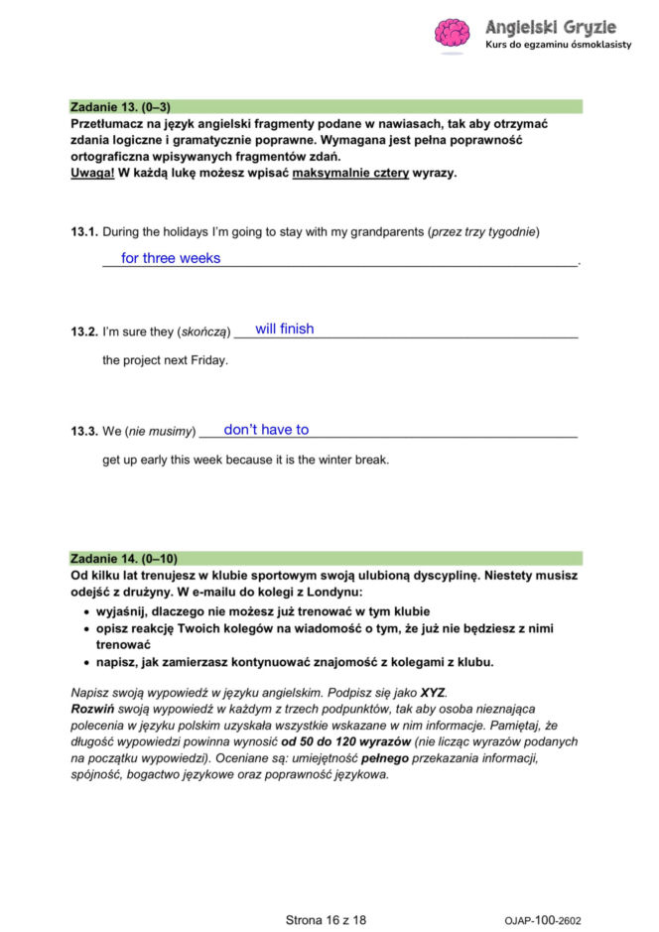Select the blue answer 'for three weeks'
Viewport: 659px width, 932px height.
(171, 258)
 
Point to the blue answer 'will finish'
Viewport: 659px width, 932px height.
(284, 329)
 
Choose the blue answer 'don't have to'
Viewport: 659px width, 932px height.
(266, 430)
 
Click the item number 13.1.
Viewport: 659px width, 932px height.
(84, 232)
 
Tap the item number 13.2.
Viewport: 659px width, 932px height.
(84, 332)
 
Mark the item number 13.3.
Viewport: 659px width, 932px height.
(84, 432)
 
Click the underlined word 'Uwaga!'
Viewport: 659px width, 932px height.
(92, 173)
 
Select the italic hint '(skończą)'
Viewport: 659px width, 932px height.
(205, 332)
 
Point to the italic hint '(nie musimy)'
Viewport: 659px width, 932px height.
(160, 432)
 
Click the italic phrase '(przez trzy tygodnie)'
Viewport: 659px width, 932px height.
(483, 232)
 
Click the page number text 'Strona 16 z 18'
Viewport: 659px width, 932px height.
(326, 920)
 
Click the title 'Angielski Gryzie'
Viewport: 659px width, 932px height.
(550, 26)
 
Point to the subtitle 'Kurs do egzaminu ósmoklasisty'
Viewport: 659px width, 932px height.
(558, 47)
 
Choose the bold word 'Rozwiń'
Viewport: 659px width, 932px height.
(94, 710)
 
